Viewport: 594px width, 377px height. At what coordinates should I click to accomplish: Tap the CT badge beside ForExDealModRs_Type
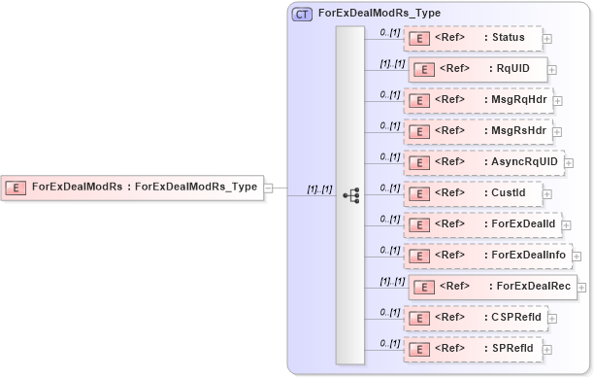(x=302, y=16)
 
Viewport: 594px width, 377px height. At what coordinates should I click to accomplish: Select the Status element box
(x=472, y=39)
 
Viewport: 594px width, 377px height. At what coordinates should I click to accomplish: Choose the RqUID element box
(x=478, y=69)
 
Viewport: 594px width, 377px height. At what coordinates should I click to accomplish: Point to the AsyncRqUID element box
(x=482, y=161)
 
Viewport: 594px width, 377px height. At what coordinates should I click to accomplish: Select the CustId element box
(x=472, y=193)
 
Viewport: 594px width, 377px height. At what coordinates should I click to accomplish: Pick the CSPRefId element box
(x=475, y=317)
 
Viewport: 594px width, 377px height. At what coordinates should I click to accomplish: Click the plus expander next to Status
(x=547, y=39)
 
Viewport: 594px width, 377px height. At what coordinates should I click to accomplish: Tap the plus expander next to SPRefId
(x=547, y=349)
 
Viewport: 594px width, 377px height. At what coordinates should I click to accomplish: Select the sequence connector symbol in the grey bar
(x=350, y=194)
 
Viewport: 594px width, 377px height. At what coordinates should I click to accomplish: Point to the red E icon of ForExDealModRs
(x=16, y=188)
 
